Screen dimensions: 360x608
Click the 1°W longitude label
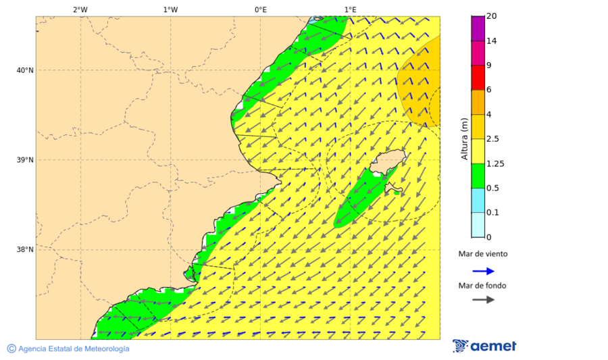tap(170, 9)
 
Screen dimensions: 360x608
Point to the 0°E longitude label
tap(260, 9)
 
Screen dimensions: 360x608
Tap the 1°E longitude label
tap(351, 9)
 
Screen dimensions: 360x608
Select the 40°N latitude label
tap(25, 70)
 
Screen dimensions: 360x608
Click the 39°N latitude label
tap(25, 160)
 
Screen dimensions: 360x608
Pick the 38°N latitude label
tap(25, 250)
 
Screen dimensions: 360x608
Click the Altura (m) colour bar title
tap(464, 138)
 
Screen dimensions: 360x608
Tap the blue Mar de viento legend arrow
tap(483, 272)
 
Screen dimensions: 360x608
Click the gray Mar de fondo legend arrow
tap(483, 300)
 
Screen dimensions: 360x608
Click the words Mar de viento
tap(482, 255)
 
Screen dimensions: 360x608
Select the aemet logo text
tap(493, 346)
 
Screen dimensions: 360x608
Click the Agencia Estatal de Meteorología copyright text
tap(73, 349)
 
